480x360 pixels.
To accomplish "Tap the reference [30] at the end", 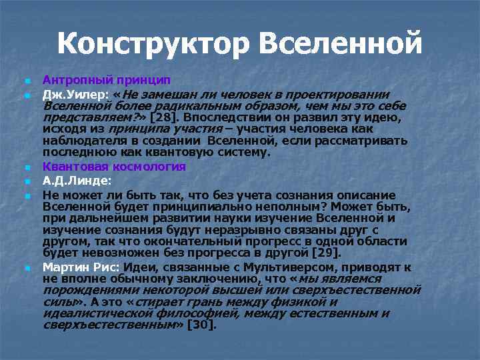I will coord(202,325).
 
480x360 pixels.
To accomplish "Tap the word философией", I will coord(181,313).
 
